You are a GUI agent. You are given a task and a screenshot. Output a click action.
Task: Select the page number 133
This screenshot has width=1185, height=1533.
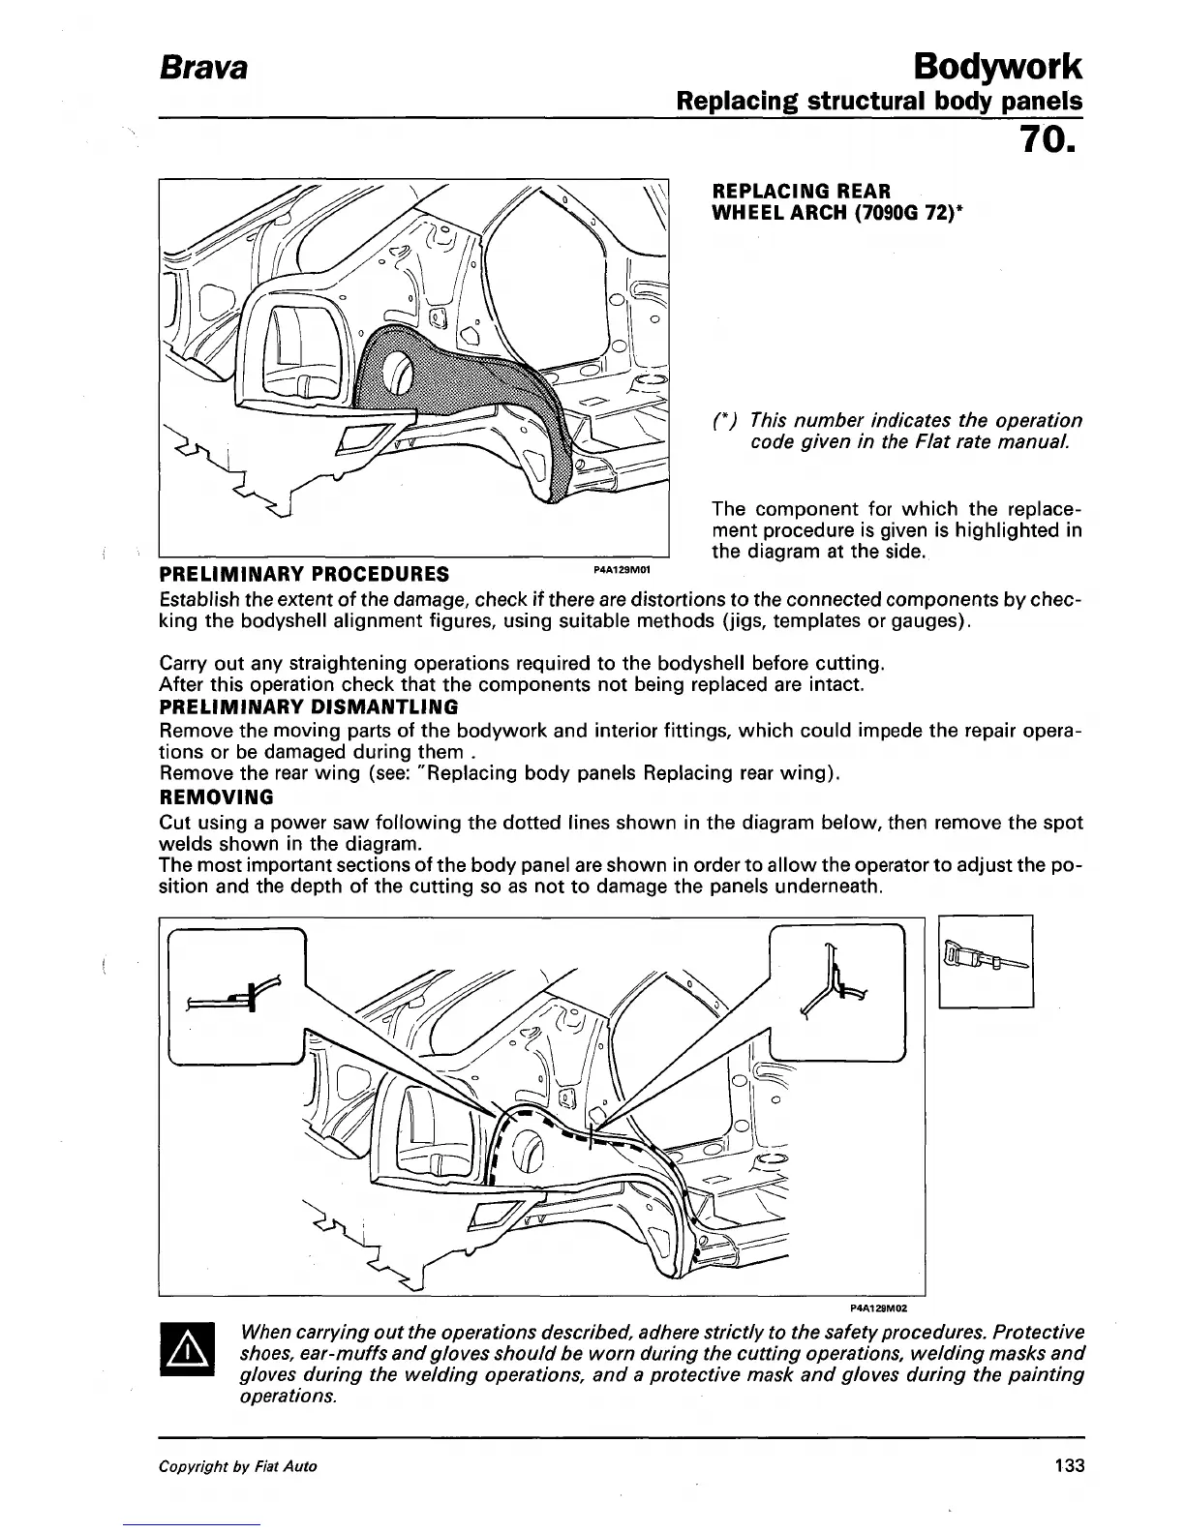coord(1069,1465)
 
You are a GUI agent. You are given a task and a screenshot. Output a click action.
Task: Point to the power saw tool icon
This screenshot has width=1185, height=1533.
coord(986,961)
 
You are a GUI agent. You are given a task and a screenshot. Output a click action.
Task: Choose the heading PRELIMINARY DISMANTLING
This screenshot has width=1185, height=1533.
coord(308,706)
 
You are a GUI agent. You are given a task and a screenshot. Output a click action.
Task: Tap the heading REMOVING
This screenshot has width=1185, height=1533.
coord(215,797)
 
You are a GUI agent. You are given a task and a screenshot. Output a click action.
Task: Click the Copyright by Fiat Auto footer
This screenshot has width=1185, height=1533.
coord(237,1466)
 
